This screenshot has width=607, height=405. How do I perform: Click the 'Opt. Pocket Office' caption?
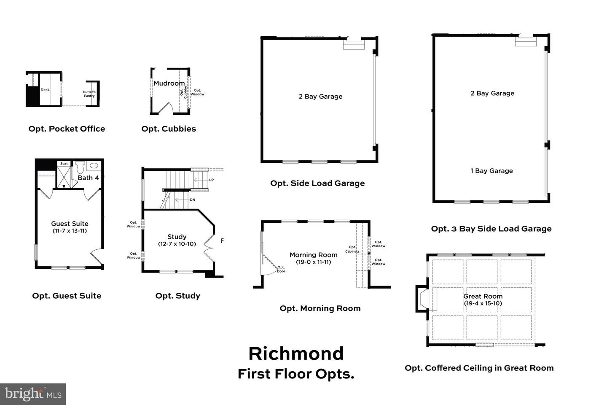click(x=67, y=129)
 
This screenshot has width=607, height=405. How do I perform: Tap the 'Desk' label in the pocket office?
click(x=45, y=90)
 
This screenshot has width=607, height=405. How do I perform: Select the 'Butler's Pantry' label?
click(x=89, y=94)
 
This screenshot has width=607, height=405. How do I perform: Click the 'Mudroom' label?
click(x=169, y=84)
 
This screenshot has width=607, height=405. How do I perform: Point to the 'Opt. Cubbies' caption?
click(x=169, y=129)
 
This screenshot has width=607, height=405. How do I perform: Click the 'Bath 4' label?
click(x=88, y=178)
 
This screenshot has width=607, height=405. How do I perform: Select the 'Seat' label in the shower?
click(x=64, y=164)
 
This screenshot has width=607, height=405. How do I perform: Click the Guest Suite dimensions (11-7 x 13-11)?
click(x=70, y=231)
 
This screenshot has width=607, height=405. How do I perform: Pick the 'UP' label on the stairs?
click(x=211, y=180)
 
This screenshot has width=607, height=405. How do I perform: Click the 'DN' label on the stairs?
click(x=192, y=200)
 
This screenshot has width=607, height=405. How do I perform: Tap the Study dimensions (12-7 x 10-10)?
click(x=177, y=244)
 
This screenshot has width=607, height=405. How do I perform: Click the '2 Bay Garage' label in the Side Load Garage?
click(x=320, y=97)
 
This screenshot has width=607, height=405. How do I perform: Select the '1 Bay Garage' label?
click(x=492, y=171)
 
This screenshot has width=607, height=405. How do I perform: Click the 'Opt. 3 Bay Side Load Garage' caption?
click(x=491, y=229)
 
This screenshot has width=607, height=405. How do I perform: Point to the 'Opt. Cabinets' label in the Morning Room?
click(x=352, y=249)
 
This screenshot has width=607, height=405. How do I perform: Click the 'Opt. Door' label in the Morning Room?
click(x=281, y=269)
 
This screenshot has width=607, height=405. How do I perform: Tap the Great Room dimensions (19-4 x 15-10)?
click(x=483, y=303)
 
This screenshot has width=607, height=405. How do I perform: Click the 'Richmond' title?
click(x=296, y=354)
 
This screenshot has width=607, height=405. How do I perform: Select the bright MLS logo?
click(x=33, y=394)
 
